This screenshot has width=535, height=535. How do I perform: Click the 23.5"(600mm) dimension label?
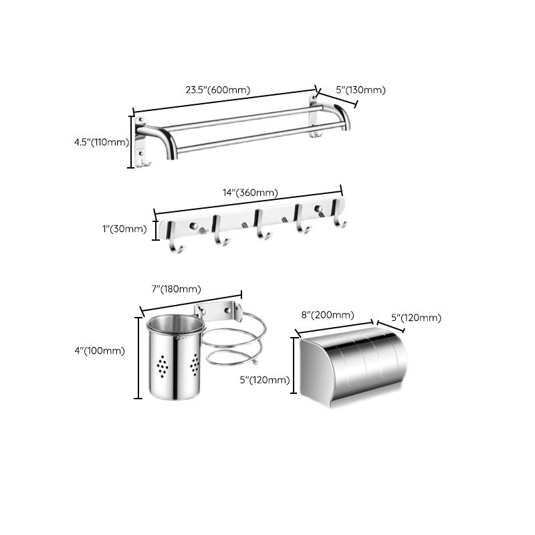[217, 90]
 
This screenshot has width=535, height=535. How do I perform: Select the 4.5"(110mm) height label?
[101, 142]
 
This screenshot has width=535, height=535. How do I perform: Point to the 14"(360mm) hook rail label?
[250, 193]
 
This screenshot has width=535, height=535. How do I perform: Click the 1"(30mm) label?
[124, 229]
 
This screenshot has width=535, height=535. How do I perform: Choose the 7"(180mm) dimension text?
[176, 289]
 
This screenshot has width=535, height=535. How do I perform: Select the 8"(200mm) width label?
[328, 315]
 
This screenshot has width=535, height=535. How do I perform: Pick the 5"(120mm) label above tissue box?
[416, 318]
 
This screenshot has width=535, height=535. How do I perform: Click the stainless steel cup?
[175, 361]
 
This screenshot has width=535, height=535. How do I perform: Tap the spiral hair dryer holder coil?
[237, 341]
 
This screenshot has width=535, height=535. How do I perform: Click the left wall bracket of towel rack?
[142, 142]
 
